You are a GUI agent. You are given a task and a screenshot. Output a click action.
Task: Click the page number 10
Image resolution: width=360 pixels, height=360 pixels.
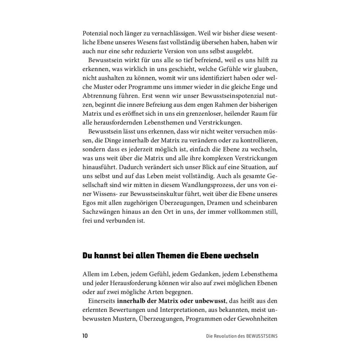click(85, 336)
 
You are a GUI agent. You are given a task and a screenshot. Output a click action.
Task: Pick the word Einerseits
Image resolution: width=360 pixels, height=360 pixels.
click(102, 301)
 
